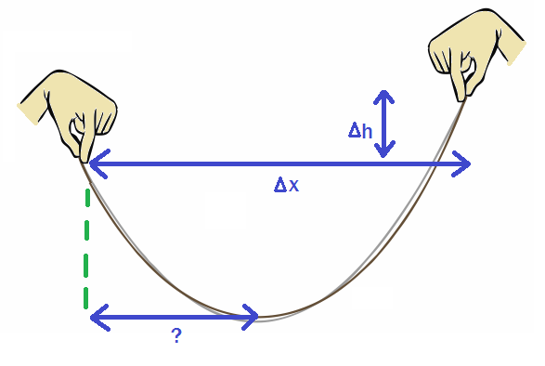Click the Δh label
[x=361, y=131]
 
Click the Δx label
[x=286, y=185]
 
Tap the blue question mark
[x=175, y=336]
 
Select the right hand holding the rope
[x=470, y=52]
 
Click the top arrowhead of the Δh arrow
[x=384, y=94]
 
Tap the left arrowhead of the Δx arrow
[x=94, y=163]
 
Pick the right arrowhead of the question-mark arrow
[x=253, y=318]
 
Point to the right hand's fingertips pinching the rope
[x=461, y=95]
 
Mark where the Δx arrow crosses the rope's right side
[x=435, y=164]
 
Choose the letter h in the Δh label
[x=368, y=131]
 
